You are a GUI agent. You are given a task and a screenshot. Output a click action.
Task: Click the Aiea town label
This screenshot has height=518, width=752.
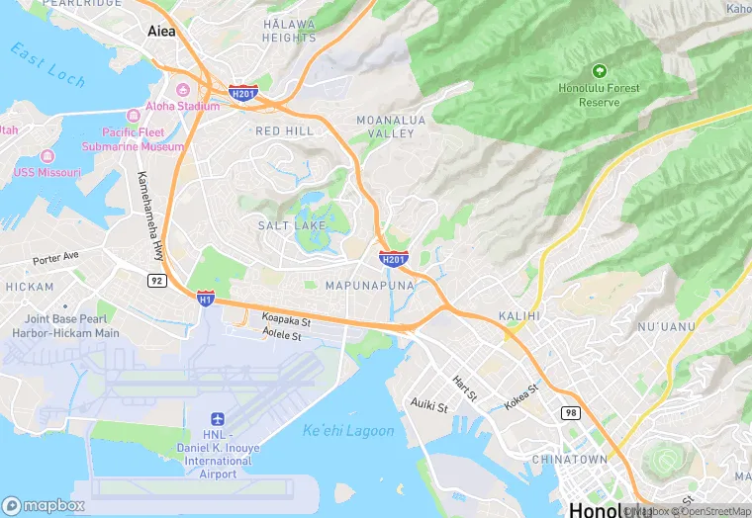pos(160,31)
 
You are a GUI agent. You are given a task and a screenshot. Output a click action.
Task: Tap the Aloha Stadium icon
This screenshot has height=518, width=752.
pos(138,107)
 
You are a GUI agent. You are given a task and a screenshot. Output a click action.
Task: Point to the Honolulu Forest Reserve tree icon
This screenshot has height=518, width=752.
pos(598,71)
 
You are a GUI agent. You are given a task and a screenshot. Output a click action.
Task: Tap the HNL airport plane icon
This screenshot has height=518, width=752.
pos(219,421)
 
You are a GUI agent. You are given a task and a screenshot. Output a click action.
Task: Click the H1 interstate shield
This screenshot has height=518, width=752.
pos(205,297)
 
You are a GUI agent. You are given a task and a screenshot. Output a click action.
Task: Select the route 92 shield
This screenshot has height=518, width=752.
pos(155,281)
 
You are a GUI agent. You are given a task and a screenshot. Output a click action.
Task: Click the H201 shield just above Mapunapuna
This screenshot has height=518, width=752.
pos(393,259)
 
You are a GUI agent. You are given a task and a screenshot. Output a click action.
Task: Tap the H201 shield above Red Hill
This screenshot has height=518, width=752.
pos(242,94)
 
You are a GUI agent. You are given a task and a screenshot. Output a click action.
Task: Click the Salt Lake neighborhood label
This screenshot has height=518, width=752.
pos(292,225)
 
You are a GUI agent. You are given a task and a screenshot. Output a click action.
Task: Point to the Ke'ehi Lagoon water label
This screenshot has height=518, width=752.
pos(347,431)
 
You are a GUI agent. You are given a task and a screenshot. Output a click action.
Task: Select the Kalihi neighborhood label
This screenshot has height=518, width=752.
pos(518,315)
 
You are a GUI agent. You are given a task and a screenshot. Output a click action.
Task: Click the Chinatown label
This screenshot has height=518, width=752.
pos(569,460)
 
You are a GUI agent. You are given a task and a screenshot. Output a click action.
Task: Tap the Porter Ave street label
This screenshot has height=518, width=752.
pos(54,259)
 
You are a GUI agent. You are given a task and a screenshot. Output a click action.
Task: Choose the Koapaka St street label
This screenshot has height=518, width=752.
pos(286,320)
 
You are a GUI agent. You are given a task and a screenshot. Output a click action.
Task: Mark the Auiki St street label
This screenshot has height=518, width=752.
pos(429,405)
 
